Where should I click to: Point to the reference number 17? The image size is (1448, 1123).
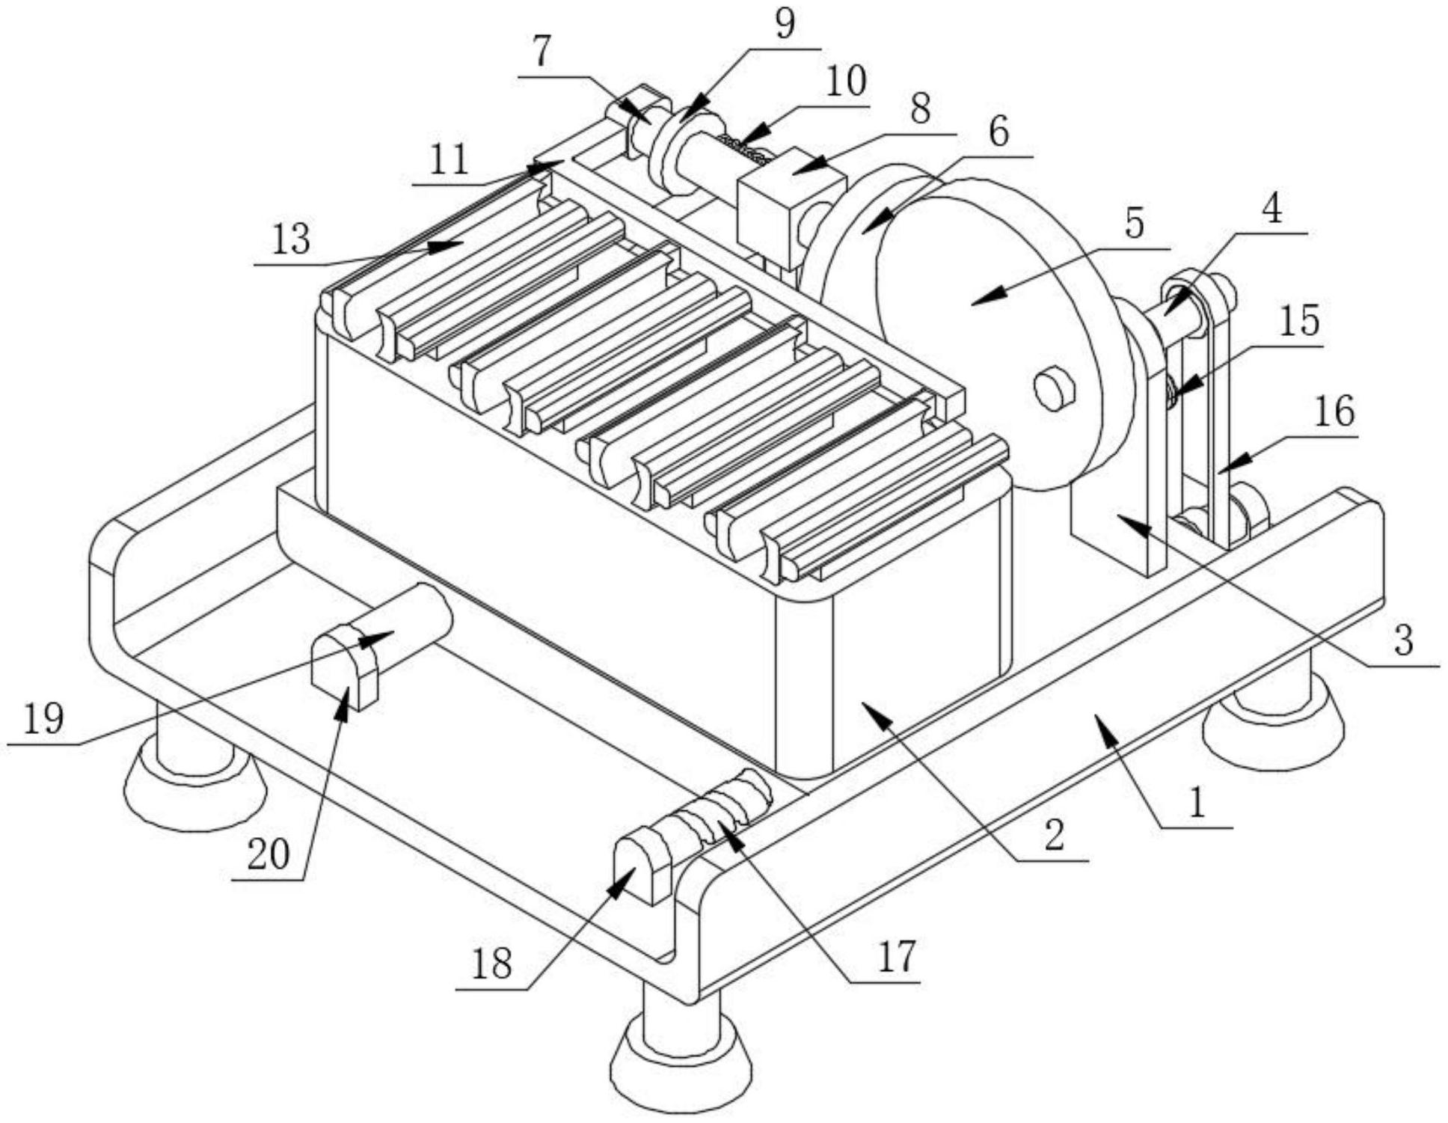coord(897,956)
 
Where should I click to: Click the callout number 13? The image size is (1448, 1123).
coord(290,241)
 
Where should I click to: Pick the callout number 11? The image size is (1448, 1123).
coord(449,160)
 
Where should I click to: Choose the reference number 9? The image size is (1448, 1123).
coord(784,24)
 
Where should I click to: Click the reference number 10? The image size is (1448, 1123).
coord(845,82)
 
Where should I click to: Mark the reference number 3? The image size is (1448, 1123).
coord(1404,640)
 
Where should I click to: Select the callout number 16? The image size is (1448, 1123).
coord(1334,412)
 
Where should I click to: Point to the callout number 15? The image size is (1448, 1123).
coord(1299,322)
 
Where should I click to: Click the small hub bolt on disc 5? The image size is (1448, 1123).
coord(1055,388)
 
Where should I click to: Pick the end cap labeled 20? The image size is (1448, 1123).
coord(345,666)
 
